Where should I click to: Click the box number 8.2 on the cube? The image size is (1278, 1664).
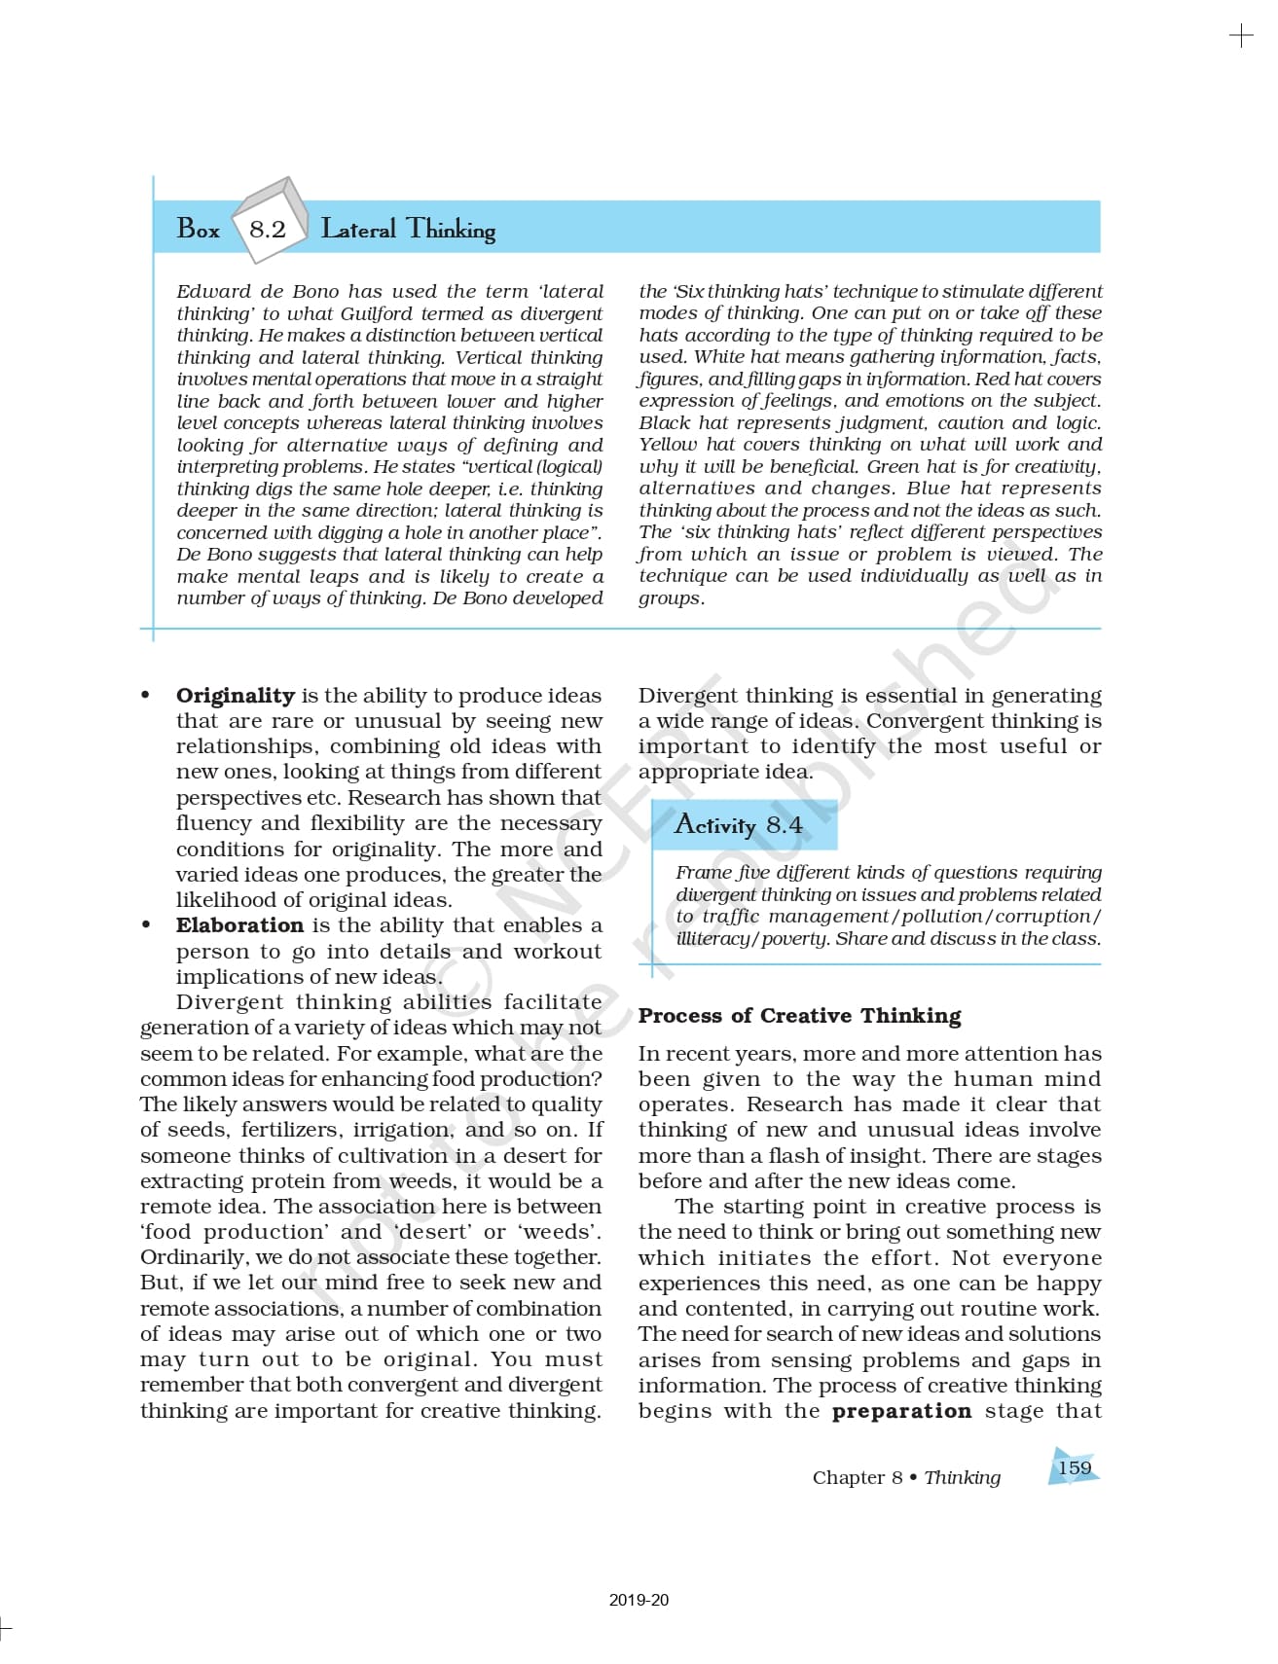pyautogui.click(x=267, y=229)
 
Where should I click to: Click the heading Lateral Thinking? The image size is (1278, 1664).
pyautogui.click(x=408, y=230)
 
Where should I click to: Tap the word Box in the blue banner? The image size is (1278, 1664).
pyautogui.click(x=199, y=230)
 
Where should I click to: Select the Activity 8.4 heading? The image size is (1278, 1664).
pyautogui.click(x=739, y=825)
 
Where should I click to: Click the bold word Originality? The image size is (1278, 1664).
pyautogui.click(x=236, y=696)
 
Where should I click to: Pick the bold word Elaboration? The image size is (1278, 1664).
pyautogui.click(x=239, y=925)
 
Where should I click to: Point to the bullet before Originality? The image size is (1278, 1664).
pyautogui.click(x=146, y=695)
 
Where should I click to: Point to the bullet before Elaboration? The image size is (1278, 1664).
pyautogui.click(x=146, y=924)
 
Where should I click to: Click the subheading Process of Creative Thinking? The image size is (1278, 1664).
pyautogui.click(x=799, y=1016)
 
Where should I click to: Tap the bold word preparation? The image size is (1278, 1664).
pyautogui.click(x=901, y=1411)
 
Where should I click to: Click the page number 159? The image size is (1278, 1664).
pyautogui.click(x=1075, y=1467)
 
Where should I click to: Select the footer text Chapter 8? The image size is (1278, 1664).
pyautogui.click(x=857, y=1478)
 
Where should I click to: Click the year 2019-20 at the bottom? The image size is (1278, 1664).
pyautogui.click(x=639, y=1600)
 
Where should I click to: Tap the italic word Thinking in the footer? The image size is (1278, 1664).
pyautogui.click(x=962, y=1478)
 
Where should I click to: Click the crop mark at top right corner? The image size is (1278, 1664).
pyautogui.click(x=1241, y=37)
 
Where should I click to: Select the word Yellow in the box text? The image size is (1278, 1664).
pyautogui.click(x=668, y=445)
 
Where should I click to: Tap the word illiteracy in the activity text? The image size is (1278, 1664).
pyautogui.click(x=712, y=939)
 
